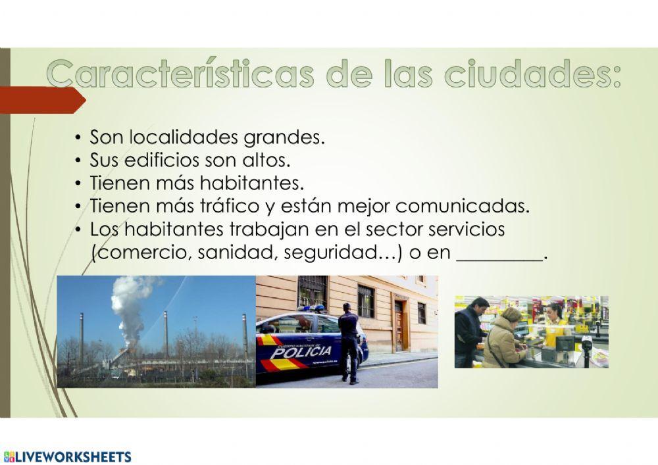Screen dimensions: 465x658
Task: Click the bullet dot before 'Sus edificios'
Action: [78, 160]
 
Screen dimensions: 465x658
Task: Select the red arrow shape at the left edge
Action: [43, 100]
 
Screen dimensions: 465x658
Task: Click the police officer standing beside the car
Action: [349, 342]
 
